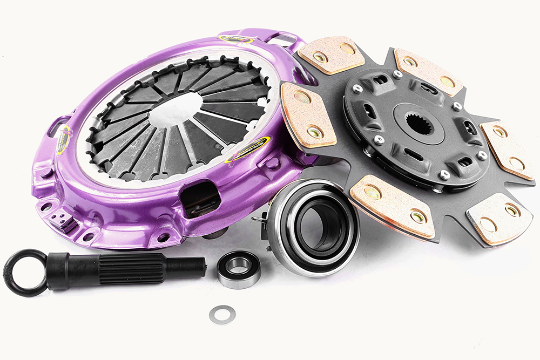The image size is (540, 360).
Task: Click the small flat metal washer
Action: (x=222, y=314)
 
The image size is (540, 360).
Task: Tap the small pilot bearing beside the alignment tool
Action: (x=239, y=269)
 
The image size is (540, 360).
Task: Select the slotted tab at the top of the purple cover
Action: (x=282, y=40)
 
